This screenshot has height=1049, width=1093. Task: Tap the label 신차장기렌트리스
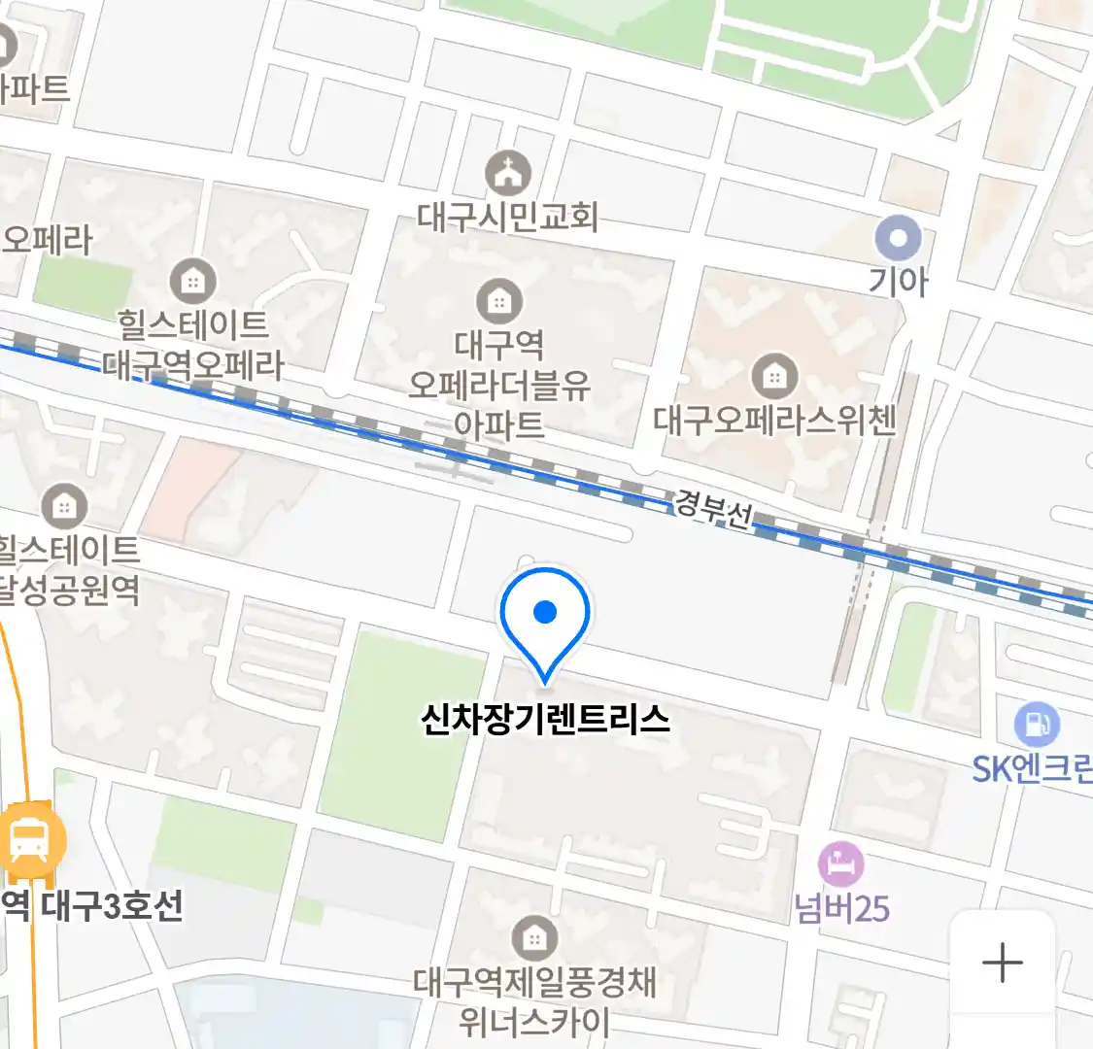545,720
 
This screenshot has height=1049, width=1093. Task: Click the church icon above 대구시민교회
508,174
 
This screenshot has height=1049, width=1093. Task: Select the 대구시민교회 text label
508,217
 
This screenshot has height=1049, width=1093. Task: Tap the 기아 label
899,282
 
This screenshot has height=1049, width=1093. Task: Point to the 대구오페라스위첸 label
774,420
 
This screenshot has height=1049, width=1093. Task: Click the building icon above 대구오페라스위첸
774,376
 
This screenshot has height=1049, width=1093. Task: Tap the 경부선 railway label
713,508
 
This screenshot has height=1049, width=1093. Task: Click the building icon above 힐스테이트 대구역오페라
193,282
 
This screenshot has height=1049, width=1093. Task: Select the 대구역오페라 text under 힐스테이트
193,365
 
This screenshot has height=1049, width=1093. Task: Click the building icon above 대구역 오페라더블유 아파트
499,300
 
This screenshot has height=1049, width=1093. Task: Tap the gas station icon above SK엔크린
1037,725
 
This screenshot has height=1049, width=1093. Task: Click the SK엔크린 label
1033,769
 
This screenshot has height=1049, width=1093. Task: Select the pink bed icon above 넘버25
840,863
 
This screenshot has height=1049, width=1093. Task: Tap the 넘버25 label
841,908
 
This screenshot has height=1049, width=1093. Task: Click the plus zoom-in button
1002,964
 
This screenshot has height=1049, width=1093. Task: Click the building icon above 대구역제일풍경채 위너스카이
533,938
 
